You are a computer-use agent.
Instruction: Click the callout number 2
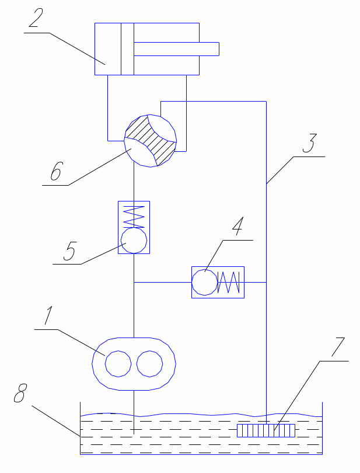[36, 18]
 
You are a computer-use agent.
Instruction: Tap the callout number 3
[310, 143]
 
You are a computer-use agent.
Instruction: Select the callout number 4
[238, 226]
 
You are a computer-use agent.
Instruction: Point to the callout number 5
[69, 251]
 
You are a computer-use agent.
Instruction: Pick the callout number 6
[57, 171]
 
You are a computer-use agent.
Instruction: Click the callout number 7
[338, 347]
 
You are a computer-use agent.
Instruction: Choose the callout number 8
[20, 393]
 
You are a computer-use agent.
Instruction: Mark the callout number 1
[48, 315]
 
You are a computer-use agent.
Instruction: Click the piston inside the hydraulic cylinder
[127, 49]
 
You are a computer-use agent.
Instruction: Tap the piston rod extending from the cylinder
[176, 49]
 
